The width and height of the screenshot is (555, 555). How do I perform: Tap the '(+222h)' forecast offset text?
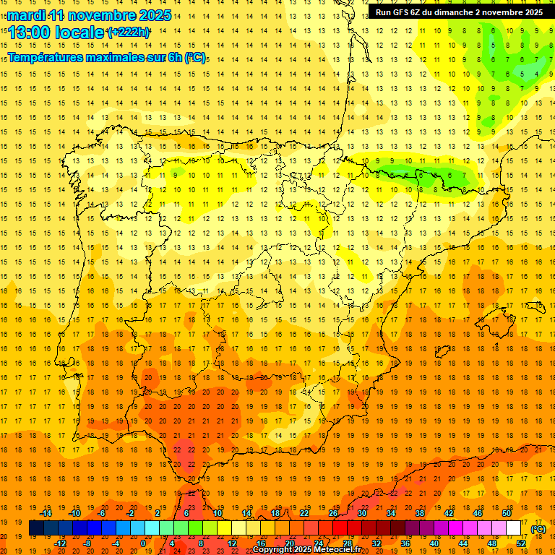128,33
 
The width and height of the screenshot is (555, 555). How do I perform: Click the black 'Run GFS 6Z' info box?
459,12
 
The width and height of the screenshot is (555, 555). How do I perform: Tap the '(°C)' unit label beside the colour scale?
538,529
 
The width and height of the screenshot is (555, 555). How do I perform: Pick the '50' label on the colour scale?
507,513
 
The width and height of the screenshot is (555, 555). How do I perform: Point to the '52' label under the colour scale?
521,543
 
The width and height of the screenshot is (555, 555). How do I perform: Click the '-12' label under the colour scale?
61,543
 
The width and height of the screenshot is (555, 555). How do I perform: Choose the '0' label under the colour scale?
143,543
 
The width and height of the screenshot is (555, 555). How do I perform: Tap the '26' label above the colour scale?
333,513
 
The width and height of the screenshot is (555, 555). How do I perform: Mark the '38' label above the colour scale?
420,513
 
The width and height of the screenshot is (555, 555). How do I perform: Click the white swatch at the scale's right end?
514,528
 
